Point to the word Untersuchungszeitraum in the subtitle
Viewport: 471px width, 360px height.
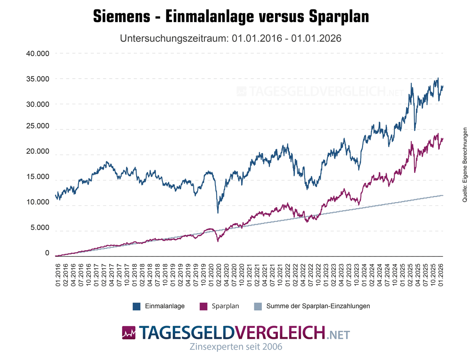175,38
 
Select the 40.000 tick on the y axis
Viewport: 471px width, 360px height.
38,53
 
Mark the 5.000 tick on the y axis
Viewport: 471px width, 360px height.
40,228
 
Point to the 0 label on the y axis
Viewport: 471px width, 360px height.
47,253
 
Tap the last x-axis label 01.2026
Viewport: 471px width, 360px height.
442,274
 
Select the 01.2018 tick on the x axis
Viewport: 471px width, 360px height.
135,274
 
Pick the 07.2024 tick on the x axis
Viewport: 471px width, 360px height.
387,274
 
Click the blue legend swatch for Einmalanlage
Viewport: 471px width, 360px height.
137,306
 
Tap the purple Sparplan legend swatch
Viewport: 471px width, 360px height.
204,306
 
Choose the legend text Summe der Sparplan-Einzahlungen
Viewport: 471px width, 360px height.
318,306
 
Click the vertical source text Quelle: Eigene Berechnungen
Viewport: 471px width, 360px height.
464,165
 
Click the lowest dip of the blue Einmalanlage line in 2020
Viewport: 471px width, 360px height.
218,213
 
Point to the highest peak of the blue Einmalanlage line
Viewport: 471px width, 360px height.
438,78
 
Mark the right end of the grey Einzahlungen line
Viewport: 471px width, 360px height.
443,195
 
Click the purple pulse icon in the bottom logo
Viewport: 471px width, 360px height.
128,333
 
